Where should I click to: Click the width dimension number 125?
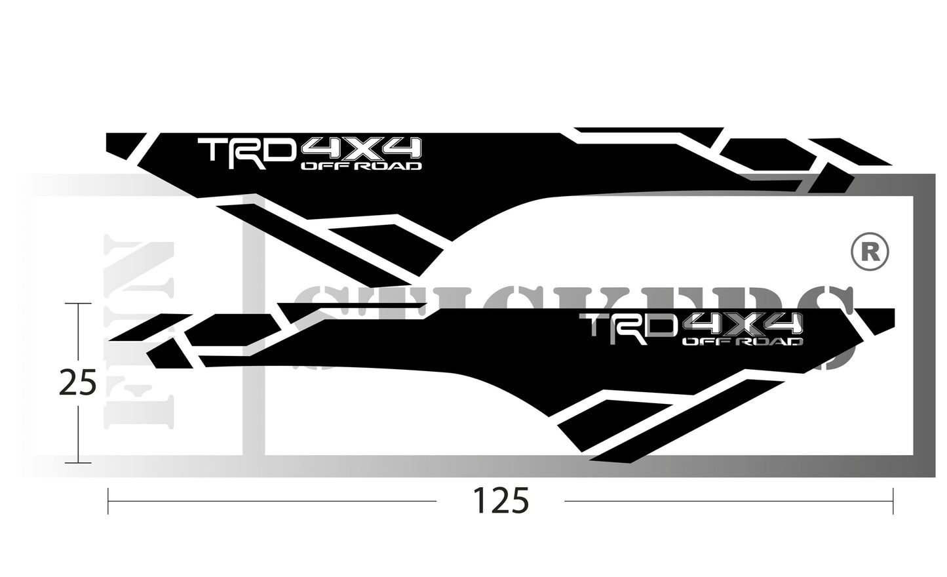(499, 502)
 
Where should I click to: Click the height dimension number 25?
(77, 383)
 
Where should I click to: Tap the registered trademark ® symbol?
(870, 252)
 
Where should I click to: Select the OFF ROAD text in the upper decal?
(360, 166)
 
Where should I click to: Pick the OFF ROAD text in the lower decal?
(742, 342)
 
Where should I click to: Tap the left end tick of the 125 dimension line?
(108, 502)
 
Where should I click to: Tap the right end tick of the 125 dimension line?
(893, 502)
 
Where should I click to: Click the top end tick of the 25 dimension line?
(78, 304)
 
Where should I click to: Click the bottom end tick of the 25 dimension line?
(78, 462)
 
